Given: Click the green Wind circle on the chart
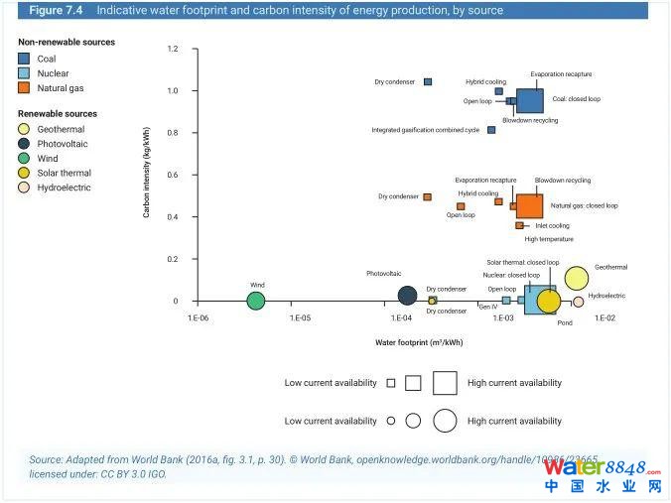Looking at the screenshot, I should click(256, 301).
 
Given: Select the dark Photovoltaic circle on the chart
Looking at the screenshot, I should click(407, 295).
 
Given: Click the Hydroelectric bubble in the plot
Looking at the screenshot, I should click(578, 302).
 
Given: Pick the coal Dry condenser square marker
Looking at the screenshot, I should click(428, 81).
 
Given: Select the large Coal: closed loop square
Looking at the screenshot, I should click(529, 100).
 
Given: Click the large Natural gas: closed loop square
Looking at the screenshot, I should click(529, 205).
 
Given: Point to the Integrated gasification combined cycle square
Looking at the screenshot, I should click(491, 130).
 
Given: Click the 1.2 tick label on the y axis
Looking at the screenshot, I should click(173, 49).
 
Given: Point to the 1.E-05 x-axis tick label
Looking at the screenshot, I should click(300, 318).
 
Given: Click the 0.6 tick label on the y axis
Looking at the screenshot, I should click(173, 175).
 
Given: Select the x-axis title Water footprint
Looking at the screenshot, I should click(419, 342).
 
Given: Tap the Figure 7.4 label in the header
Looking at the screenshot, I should click(56, 11).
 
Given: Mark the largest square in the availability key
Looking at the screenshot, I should click(444, 382).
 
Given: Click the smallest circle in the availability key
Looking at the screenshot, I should click(391, 421).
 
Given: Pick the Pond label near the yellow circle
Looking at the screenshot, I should click(565, 322).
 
